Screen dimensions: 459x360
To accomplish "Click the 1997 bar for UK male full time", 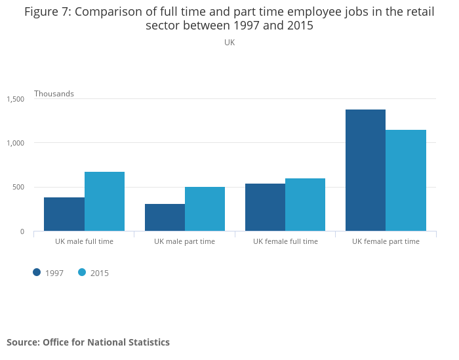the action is [x=64, y=214].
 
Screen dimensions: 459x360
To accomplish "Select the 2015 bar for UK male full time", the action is [x=104, y=201].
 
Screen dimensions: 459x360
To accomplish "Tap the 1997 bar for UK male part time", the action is [x=165, y=218].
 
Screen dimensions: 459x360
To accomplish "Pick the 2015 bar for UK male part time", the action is [x=205, y=209].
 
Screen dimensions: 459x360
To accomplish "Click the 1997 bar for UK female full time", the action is [x=265, y=207].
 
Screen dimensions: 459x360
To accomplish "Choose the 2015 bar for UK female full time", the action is [x=306, y=205].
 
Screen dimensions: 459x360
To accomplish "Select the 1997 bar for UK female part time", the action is [x=366, y=170].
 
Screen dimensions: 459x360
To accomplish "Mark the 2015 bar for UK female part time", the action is [x=406, y=180].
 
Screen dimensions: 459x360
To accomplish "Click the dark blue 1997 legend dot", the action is [x=37, y=273].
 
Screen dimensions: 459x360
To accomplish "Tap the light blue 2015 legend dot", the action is [x=82, y=273].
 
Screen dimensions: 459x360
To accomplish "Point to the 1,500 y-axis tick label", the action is [x=16, y=99].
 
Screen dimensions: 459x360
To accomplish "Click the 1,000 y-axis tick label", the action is [x=16, y=143].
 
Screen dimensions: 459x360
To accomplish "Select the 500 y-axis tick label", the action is [x=18, y=187].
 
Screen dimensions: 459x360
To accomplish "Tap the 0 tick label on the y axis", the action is [x=22, y=231].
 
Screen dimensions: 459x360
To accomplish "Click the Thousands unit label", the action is [x=54, y=94].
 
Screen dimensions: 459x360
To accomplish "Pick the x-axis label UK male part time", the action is [x=184, y=241].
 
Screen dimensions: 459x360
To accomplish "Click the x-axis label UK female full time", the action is [x=285, y=241].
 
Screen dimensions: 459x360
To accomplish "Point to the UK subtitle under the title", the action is [x=229, y=43].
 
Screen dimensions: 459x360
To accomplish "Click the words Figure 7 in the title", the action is [x=48, y=12].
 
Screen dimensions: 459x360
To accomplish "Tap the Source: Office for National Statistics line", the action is [x=88, y=342].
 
